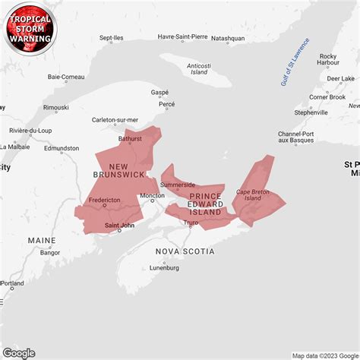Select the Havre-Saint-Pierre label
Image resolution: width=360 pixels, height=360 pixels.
pyautogui.click(x=182, y=36)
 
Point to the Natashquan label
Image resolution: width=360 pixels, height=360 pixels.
pyautogui.click(x=228, y=37)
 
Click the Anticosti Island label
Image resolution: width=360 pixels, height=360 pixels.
pyautogui.click(x=198, y=69)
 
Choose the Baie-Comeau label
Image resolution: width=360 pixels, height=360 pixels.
pyautogui.click(x=66, y=77)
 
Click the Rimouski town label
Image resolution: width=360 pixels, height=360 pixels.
pyautogui.click(x=55, y=108)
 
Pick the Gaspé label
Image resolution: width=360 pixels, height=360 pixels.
pyautogui.click(x=159, y=92)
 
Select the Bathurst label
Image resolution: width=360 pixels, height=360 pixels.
pyautogui.click(x=130, y=139)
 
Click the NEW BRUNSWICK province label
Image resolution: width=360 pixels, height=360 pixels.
pyautogui.click(x=118, y=170)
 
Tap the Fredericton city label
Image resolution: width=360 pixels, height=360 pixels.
pyautogui.click(x=104, y=201)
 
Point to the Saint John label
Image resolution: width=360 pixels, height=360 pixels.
pyautogui.click(x=119, y=224)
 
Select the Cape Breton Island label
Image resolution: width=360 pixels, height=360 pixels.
pyautogui.click(x=253, y=195)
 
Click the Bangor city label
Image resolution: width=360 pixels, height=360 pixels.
pyautogui.click(x=50, y=252)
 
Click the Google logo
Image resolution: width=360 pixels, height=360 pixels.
pyautogui.click(x=19, y=352)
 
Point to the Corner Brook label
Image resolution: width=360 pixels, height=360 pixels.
pyautogui.click(x=327, y=96)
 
